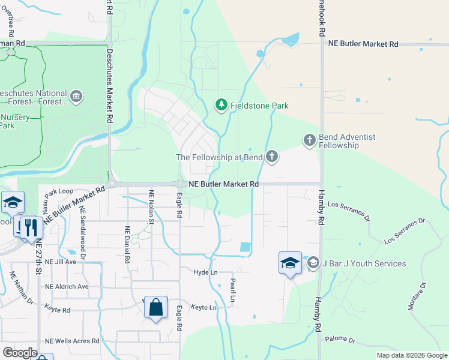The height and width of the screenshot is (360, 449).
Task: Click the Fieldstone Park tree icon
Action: [x=221, y=106]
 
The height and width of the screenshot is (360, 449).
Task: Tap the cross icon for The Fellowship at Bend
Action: [x=272, y=157]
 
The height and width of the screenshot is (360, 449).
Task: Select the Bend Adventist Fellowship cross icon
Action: [x=309, y=140]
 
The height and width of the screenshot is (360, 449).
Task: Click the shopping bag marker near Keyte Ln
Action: [x=155, y=308]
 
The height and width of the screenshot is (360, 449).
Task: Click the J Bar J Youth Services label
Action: [x=364, y=263]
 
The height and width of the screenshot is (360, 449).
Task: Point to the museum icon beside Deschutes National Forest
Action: [x=76, y=96]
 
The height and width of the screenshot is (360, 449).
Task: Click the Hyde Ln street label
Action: [x=205, y=272]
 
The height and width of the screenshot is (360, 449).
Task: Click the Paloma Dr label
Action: [x=340, y=340]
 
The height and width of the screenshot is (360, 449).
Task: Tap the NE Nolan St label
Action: [x=151, y=205]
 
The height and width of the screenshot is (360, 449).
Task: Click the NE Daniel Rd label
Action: [x=127, y=245]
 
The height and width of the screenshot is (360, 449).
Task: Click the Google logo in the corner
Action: [x=20, y=352]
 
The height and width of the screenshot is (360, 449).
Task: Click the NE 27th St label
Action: [x=38, y=255]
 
